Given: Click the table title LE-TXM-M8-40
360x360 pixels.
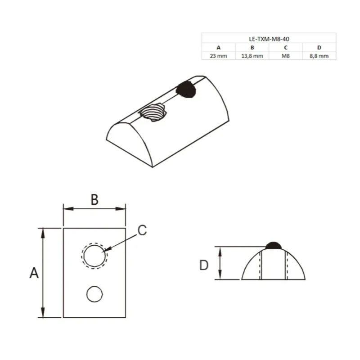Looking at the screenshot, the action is pyautogui.click(x=269, y=39).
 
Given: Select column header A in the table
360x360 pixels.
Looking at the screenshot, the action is pyautogui.click(x=218, y=48).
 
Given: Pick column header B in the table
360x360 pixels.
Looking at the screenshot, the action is pyautogui.click(x=252, y=48).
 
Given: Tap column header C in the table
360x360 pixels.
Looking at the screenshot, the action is pyautogui.click(x=286, y=48).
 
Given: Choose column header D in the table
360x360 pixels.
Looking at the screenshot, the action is pyautogui.click(x=319, y=48).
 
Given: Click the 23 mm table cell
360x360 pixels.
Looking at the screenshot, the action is pyautogui.click(x=218, y=56).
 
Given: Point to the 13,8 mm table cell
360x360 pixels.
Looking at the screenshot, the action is pyautogui.click(x=252, y=56).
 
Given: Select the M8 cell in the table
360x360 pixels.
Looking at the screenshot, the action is pyautogui.click(x=286, y=56).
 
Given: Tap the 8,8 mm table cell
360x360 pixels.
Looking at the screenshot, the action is pyautogui.click(x=319, y=56).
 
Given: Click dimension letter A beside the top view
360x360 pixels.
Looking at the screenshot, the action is pyautogui.click(x=34, y=273).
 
